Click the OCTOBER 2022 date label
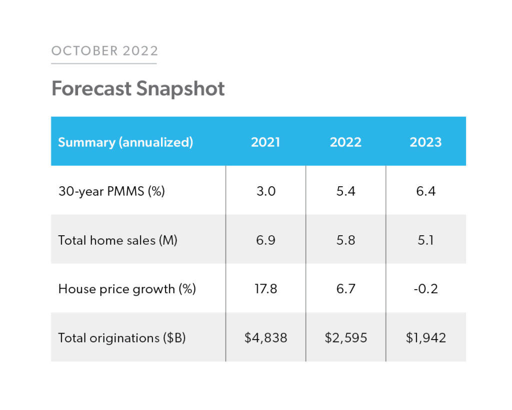pos(104,51)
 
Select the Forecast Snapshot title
pos(138,89)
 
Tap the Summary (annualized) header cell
pos(125,142)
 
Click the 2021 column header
pos(265,142)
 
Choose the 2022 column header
pos(345,142)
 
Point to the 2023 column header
pos(425,142)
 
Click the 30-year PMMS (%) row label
pos(111,191)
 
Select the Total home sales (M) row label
pos(117,240)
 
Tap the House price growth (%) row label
pos(127,289)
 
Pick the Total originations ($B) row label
pos(122,338)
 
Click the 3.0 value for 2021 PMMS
pos(265,191)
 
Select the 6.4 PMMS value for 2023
pos(425,191)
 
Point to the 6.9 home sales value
pos(265,240)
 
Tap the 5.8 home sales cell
pos(345,240)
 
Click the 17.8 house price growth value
pos(265,289)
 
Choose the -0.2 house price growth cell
pos(425,289)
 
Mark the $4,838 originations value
pos(265,338)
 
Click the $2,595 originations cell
pos(345,338)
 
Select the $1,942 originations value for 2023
pos(425,338)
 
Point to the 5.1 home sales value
pos(425,240)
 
